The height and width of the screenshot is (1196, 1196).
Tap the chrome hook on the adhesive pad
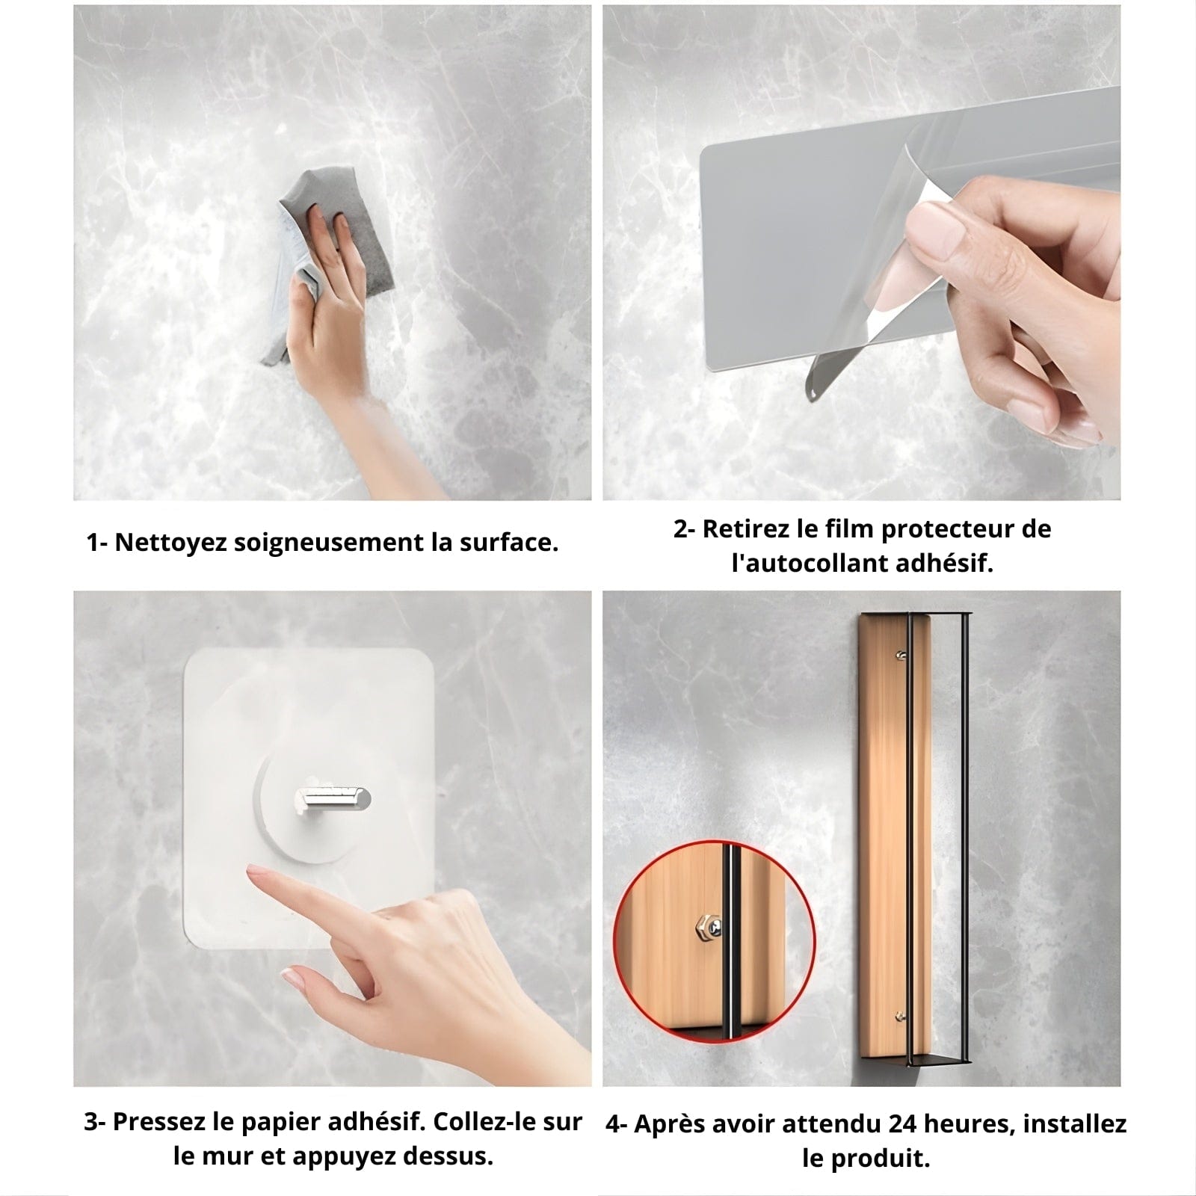pos(332,797)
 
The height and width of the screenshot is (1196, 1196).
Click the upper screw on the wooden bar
pos(900,656)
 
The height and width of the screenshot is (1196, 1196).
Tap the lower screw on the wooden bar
pos(901,1016)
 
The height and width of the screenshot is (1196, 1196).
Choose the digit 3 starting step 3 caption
pos(90,1123)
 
